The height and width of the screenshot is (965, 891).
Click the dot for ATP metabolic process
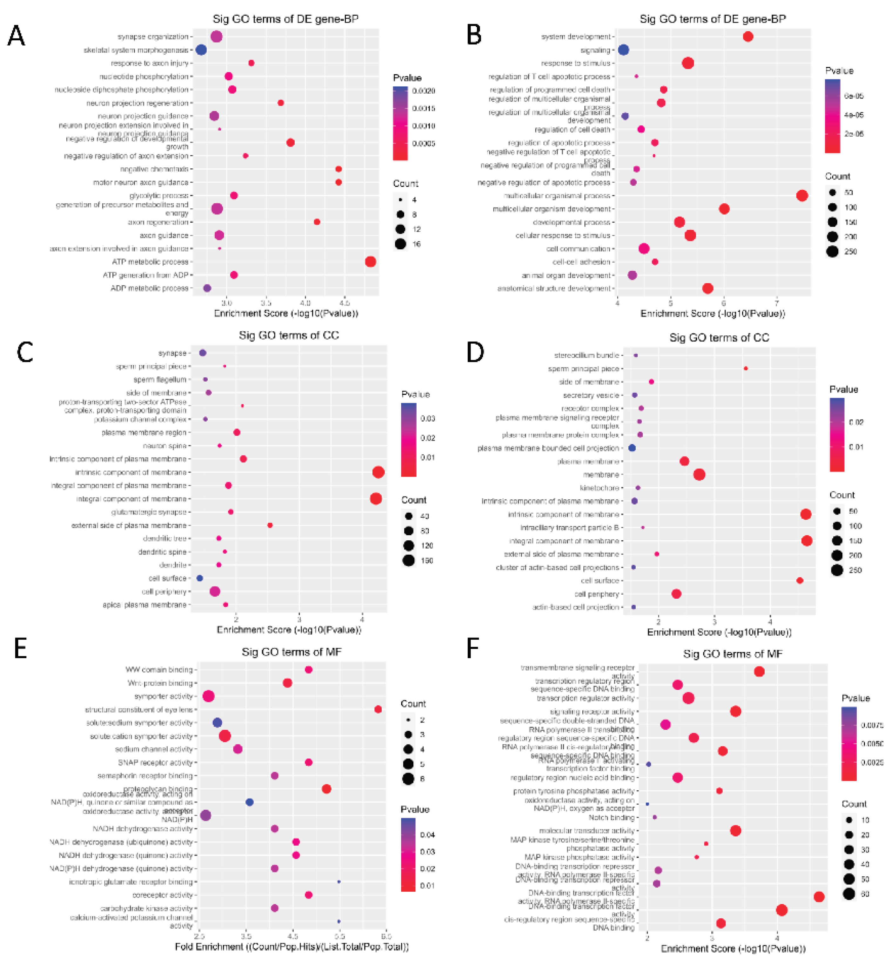pos(370,262)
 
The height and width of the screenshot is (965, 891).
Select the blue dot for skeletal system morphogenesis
pos(201,50)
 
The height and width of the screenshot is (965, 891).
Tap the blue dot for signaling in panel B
pos(623,50)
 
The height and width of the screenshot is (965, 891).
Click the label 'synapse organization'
pos(153,37)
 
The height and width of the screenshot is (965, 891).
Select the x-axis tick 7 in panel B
pos(777,303)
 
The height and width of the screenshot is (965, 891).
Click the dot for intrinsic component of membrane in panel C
pos(379,472)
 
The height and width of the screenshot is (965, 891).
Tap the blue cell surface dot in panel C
pos(200,578)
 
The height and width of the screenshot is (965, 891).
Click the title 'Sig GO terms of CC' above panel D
pos(719,338)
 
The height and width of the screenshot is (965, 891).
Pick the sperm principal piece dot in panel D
pos(746,368)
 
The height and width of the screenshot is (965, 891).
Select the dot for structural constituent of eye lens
pos(378,709)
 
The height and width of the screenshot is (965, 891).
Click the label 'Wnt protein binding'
pos(160,683)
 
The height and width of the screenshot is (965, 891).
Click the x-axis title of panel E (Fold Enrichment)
pos(292,947)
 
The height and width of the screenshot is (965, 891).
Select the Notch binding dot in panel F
pos(655,817)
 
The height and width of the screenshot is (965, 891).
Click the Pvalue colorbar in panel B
pos(833,116)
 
